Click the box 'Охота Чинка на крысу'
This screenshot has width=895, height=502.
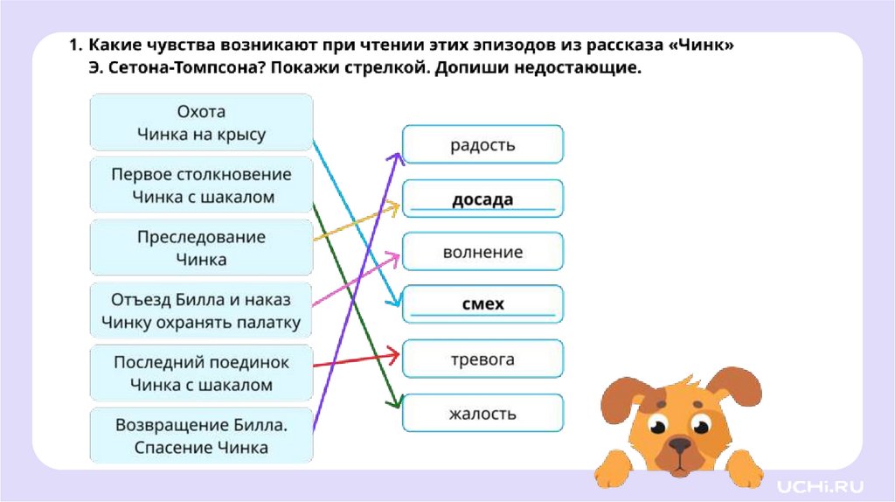click(x=201, y=123)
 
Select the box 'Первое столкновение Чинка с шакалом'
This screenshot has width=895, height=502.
click(x=201, y=185)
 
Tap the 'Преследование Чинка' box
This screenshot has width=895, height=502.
click(x=201, y=248)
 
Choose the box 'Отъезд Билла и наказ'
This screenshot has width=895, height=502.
click(x=201, y=310)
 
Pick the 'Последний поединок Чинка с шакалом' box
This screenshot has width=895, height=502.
click(x=201, y=373)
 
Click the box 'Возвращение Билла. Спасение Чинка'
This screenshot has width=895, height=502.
click(x=201, y=436)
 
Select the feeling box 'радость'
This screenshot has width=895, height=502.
click(x=482, y=144)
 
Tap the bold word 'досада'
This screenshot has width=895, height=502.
click(x=482, y=199)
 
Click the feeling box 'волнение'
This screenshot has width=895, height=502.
click(x=482, y=253)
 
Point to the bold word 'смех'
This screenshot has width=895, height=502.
click(x=482, y=303)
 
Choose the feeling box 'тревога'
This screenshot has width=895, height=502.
click(x=482, y=359)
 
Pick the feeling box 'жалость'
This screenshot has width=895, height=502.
click(x=482, y=413)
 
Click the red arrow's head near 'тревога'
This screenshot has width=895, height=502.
click(x=396, y=352)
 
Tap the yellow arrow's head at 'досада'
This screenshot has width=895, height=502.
click(x=396, y=207)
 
